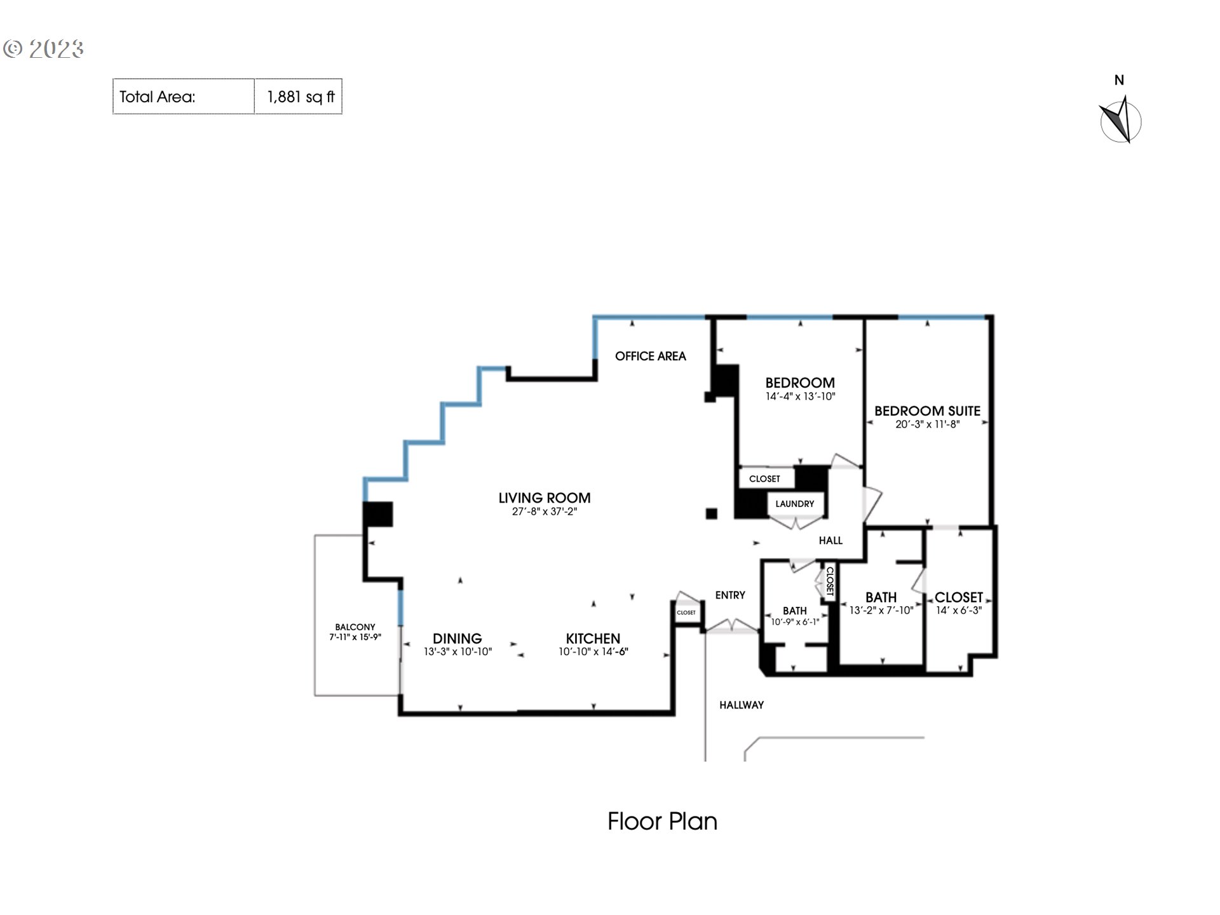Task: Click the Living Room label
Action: pyautogui.click(x=544, y=498)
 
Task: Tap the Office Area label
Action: pyautogui.click(x=650, y=356)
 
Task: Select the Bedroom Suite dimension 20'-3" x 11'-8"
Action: pyautogui.click(x=927, y=424)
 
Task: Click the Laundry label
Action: pyautogui.click(x=794, y=504)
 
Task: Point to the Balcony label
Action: pyautogui.click(x=355, y=627)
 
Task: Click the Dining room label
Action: pyautogui.click(x=457, y=639)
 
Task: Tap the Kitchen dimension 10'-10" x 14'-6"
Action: pyautogui.click(x=593, y=652)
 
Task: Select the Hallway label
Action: pyautogui.click(x=741, y=705)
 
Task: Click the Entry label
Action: pyautogui.click(x=729, y=595)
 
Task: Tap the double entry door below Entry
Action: pyautogui.click(x=732, y=627)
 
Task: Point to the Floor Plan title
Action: pyautogui.click(x=662, y=822)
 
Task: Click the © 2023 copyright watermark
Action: pyautogui.click(x=43, y=49)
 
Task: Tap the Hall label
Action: pyautogui.click(x=830, y=541)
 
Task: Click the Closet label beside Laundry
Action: pyautogui.click(x=764, y=479)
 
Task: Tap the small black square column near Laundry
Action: pyautogui.click(x=712, y=513)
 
